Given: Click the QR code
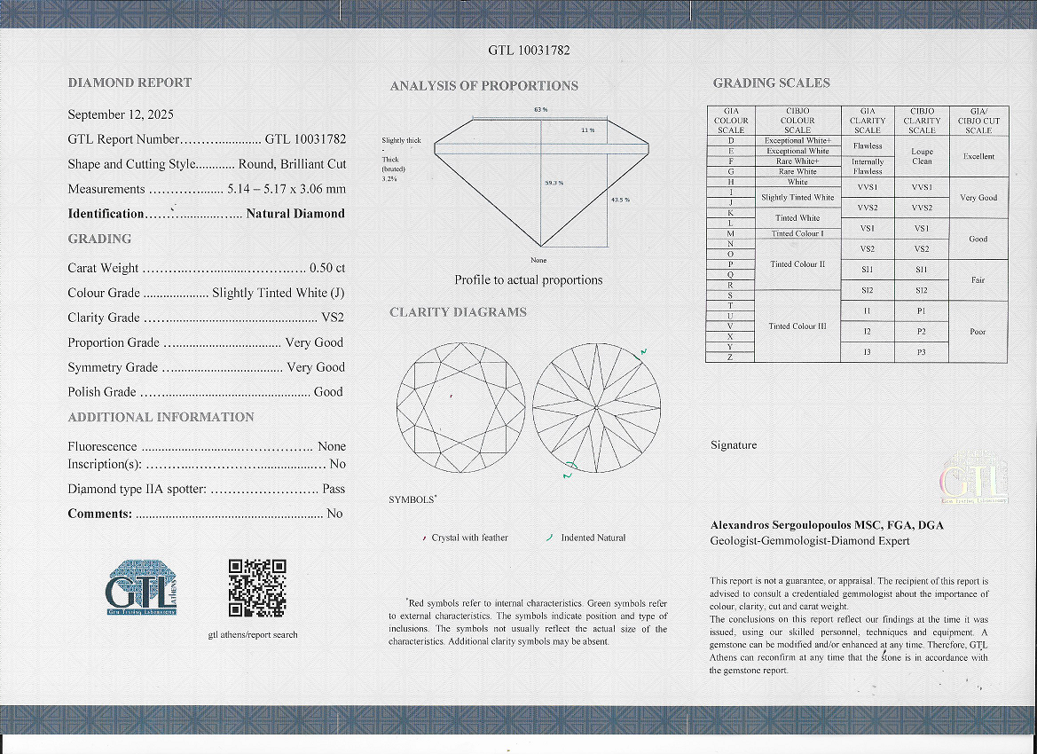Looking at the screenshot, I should click(257, 587).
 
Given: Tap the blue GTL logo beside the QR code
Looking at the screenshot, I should click(141, 587).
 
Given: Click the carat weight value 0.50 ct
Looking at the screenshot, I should click(326, 268).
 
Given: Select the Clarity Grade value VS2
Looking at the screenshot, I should click(332, 318).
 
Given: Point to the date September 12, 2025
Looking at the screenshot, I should click(121, 114).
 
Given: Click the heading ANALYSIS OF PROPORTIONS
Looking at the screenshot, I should click(483, 86).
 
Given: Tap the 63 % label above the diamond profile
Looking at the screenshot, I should click(540, 109).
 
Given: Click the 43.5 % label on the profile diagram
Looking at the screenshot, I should click(620, 200).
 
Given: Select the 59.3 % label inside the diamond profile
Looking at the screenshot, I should click(554, 183).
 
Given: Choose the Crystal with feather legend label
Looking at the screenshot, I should click(469, 538).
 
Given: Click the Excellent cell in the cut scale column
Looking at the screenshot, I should click(978, 156).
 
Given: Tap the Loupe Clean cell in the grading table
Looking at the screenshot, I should click(922, 156).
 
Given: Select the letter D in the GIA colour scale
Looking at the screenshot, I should click(730, 140).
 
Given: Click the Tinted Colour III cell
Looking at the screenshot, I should click(797, 326).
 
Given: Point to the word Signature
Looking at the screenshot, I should click(734, 445).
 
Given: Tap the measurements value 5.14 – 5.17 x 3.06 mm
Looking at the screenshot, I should click(287, 189).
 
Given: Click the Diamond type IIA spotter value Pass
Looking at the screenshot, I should click(334, 489).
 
